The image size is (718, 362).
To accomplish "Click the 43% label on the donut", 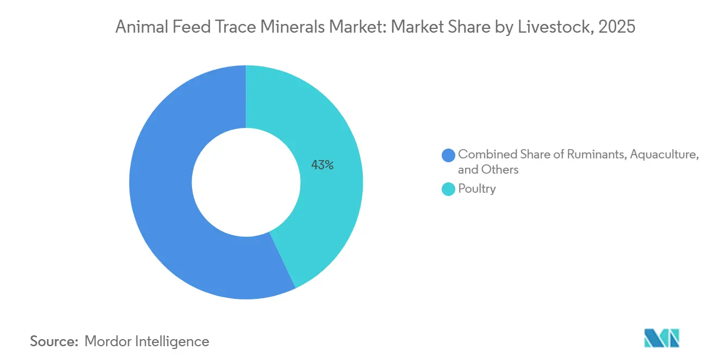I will (322, 165).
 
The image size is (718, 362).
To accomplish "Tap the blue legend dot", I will (449, 155).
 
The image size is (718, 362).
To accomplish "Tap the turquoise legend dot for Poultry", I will (449, 189).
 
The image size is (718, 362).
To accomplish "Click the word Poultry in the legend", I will (476, 189).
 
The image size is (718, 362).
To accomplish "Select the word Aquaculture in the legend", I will (665, 155).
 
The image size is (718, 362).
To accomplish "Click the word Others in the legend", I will (500, 170).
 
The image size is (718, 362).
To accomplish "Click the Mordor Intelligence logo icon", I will (661, 339).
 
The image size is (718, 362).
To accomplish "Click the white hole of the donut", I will (246, 182).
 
